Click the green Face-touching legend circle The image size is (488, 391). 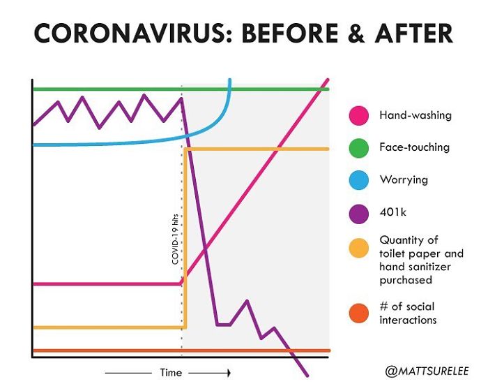coord(359,148)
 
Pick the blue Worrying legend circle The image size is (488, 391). coord(359,180)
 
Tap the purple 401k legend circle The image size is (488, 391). coord(359,213)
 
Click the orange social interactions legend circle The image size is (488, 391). coord(359,313)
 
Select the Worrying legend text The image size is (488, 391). coord(404,180)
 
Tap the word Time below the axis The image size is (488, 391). coord(171,373)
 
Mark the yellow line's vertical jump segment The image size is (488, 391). coord(185,237)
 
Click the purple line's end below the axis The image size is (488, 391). coord(306,375)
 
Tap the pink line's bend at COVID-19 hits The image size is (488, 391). coord(182,283)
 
